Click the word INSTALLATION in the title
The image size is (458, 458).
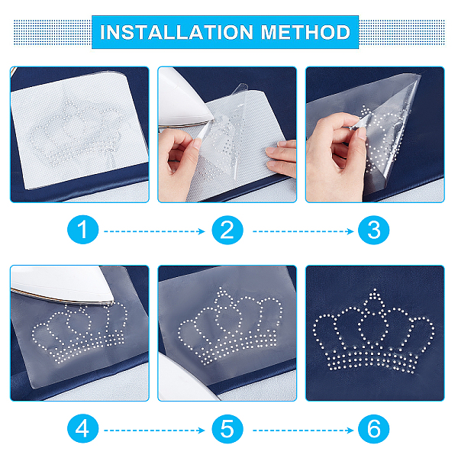click(177, 32)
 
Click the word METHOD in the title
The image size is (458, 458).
click(305, 32)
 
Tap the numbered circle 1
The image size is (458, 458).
click(83, 230)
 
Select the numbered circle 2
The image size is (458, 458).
click(227, 230)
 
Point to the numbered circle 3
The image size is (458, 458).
click(373, 230)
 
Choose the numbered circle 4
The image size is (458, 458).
click(83, 429)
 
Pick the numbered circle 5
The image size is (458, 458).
click(227, 429)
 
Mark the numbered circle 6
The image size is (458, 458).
click(373, 429)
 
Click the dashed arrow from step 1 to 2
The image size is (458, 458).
click(154, 231)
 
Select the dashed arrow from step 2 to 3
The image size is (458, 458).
click(303, 231)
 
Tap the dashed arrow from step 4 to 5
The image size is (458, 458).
click(154, 431)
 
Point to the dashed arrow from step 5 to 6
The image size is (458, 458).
click(303, 431)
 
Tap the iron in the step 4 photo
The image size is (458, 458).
click(61, 283)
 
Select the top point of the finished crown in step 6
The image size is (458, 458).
click(375, 290)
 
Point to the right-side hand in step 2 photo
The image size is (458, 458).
click(281, 158)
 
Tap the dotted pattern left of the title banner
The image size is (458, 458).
click(53, 32)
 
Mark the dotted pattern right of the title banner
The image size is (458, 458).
click(402, 32)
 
